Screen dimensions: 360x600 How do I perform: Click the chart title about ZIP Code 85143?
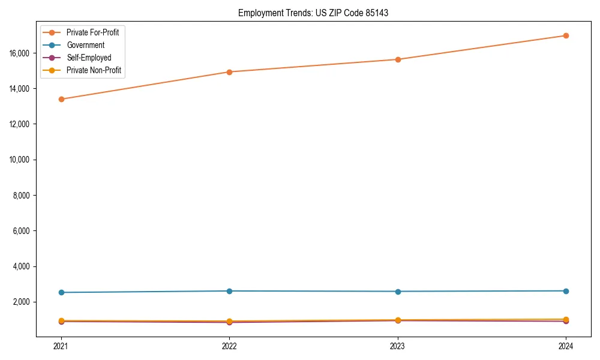(313, 13)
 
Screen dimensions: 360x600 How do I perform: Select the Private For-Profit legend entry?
(92, 32)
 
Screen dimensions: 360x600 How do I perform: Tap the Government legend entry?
(85, 45)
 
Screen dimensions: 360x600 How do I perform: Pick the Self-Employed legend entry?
(89, 58)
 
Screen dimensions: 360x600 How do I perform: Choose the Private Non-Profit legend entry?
(94, 70)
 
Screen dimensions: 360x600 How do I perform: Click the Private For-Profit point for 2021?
(61, 99)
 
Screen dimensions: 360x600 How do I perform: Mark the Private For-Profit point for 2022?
(229, 72)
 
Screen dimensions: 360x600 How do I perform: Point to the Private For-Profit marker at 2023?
(398, 59)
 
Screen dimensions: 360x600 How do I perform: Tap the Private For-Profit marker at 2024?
(566, 35)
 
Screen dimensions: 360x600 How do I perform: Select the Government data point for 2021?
(61, 292)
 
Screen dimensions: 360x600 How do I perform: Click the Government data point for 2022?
(229, 291)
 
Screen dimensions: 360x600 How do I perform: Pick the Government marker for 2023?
(398, 292)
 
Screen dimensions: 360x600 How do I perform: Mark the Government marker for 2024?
(566, 291)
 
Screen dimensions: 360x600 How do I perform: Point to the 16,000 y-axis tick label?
(20, 53)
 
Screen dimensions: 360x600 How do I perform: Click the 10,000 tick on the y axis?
(20, 160)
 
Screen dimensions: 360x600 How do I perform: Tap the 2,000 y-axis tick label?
(22, 302)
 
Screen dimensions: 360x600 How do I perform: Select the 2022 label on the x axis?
(229, 346)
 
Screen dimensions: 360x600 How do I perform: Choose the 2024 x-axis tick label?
(566, 346)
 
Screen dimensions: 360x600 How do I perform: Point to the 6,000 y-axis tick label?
(22, 231)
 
